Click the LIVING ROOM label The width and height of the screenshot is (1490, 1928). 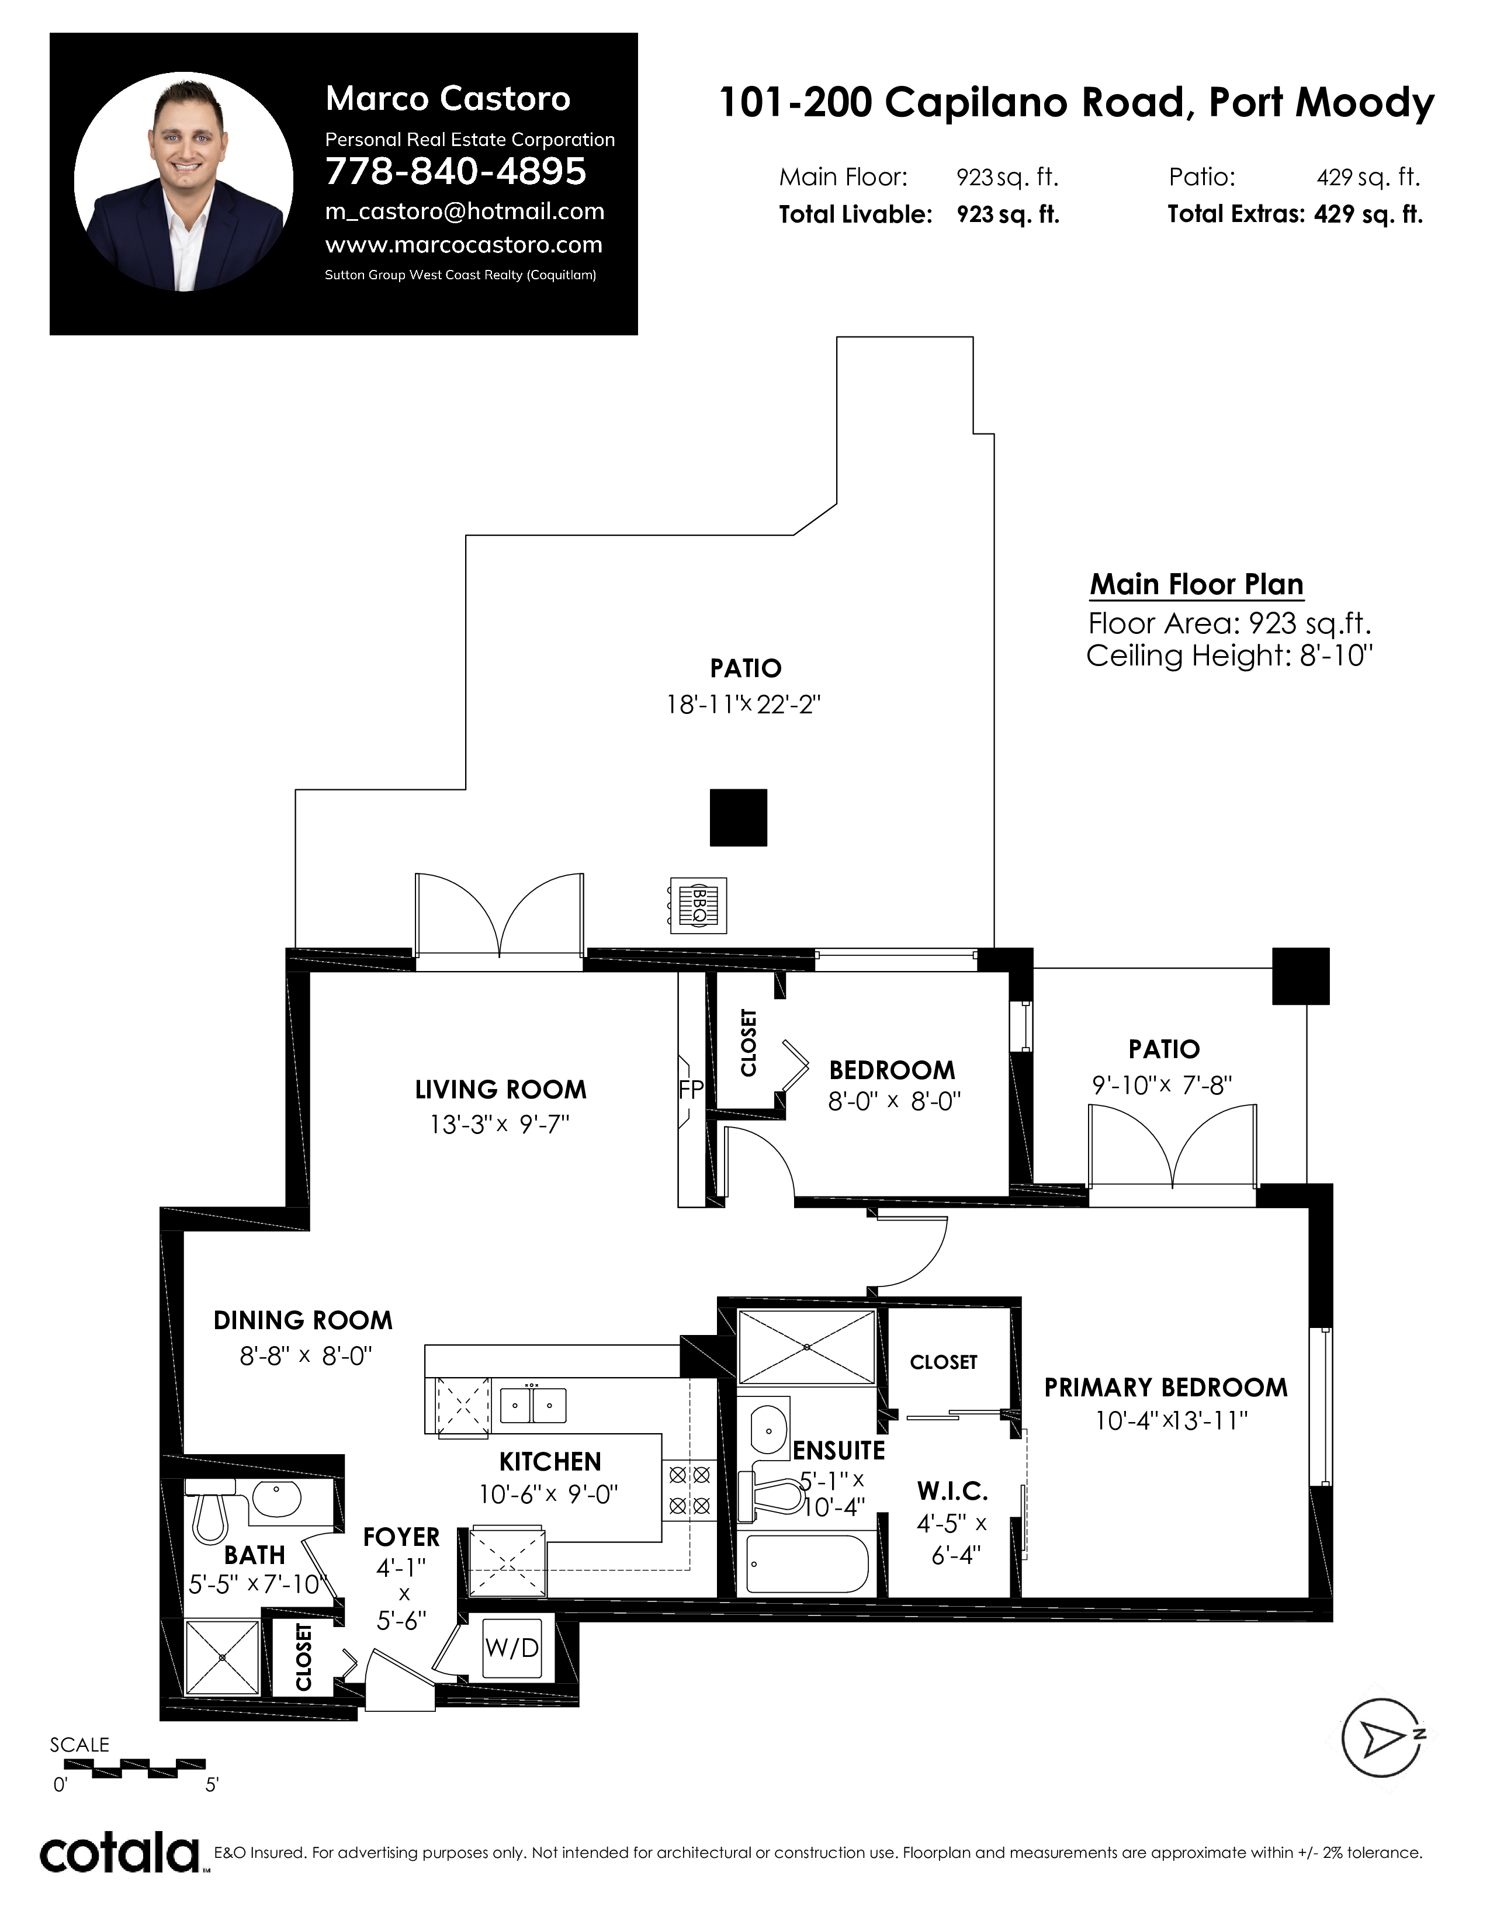point(501,1090)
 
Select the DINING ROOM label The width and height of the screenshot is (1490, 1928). point(303,1320)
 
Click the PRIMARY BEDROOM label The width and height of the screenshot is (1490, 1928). point(1166,1388)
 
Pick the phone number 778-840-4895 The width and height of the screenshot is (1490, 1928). point(456,171)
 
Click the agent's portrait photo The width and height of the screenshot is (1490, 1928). point(183,182)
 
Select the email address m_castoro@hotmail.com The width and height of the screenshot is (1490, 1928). point(465,212)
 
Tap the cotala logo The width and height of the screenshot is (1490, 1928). point(120,1852)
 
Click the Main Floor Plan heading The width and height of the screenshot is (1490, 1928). point(1196,584)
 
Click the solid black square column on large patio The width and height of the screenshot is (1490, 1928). point(739,817)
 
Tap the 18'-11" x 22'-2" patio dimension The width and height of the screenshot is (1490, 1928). point(743,705)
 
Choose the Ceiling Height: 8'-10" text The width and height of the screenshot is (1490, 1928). point(1229,656)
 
